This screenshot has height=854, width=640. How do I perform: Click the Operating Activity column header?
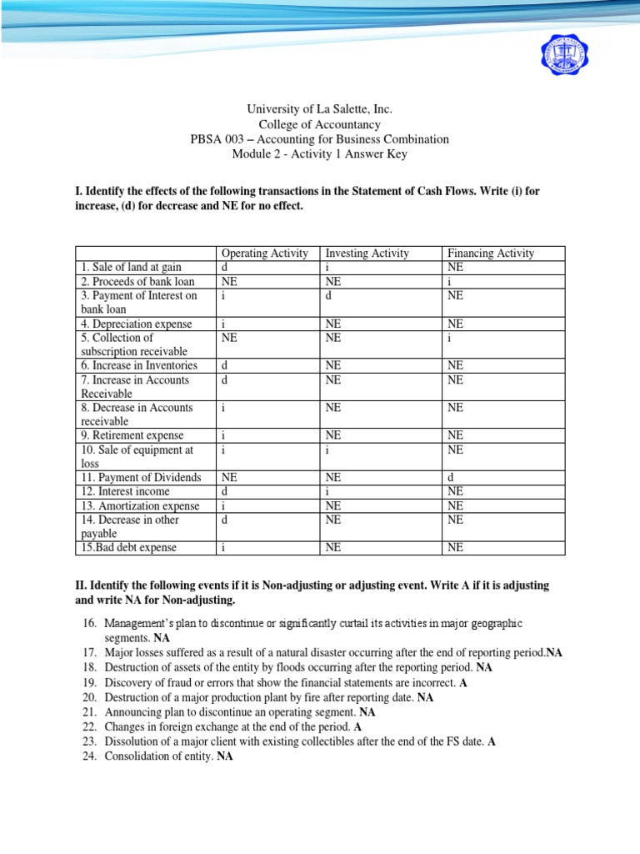[x=263, y=253]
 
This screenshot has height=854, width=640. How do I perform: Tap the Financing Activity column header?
[x=490, y=253]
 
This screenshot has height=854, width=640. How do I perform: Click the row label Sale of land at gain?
[x=131, y=267]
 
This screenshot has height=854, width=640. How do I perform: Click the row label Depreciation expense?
[x=137, y=324]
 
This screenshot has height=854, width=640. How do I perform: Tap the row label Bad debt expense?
[x=130, y=548]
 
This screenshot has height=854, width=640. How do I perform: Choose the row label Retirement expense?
[x=132, y=435]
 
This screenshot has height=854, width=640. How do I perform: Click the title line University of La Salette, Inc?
[x=320, y=109]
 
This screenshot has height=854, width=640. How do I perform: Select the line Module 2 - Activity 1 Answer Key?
[x=320, y=154]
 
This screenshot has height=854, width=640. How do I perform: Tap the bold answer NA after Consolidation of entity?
[x=224, y=758]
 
